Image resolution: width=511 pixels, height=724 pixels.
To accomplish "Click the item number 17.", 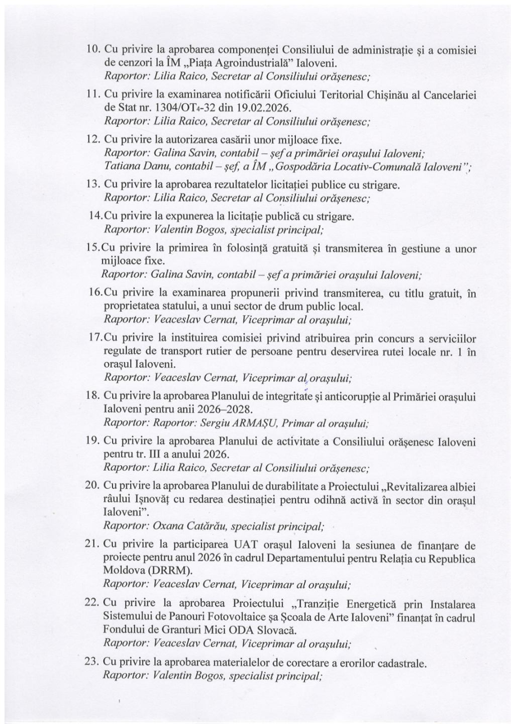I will tap(95, 338).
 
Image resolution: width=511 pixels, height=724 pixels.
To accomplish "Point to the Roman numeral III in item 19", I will tap(151, 455).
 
